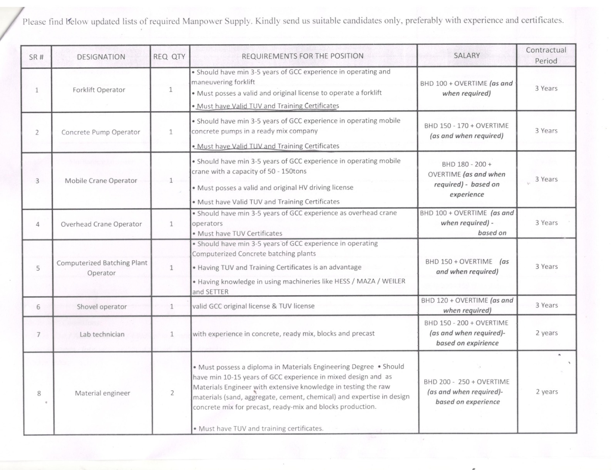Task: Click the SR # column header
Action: (x=36, y=57)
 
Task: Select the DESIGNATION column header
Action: (x=101, y=57)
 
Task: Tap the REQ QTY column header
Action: (x=169, y=57)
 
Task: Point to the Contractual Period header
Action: (x=546, y=55)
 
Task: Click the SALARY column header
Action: (x=467, y=55)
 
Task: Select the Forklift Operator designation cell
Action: (x=99, y=90)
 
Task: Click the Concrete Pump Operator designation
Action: (x=101, y=132)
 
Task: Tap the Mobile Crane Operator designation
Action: (x=101, y=181)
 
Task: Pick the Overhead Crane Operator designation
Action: (x=101, y=224)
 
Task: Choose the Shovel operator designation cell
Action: (x=102, y=307)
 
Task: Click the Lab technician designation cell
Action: (x=102, y=334)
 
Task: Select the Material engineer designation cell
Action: (x=102, y=393)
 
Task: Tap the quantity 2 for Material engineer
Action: (x=172, y=393)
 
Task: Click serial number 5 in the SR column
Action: (x=38, y=268)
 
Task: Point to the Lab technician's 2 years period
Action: (x=547, y=333)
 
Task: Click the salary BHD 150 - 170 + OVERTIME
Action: (x=467, y=126)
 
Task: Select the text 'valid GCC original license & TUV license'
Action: (x=253, y=306)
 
